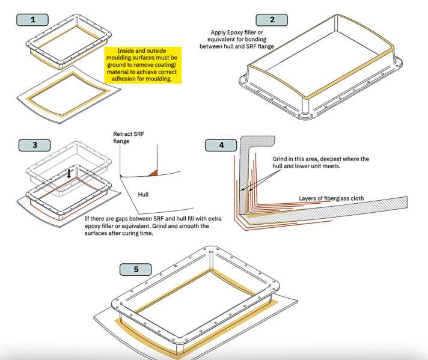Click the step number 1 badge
click(32, 19)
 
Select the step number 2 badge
click(272, 19)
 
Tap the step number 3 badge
click(35, 145)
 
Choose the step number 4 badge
click(221, 145)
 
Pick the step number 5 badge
click(136, 269)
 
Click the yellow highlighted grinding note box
click(142, 65)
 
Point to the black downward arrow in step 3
click(70, 173)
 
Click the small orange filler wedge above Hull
click(153, 173)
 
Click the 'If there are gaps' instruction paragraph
click(154, 225)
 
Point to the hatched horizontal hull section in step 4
click(337, 210)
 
